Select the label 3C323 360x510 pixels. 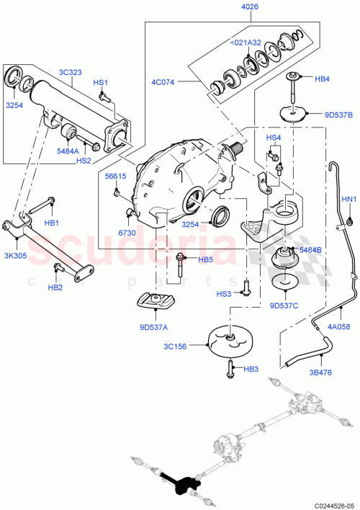click(73, 72)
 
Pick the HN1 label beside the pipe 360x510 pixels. click(348, 199)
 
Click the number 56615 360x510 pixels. click(115, 175)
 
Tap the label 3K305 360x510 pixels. click(15, 256)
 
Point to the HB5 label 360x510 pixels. click(205, 259)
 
